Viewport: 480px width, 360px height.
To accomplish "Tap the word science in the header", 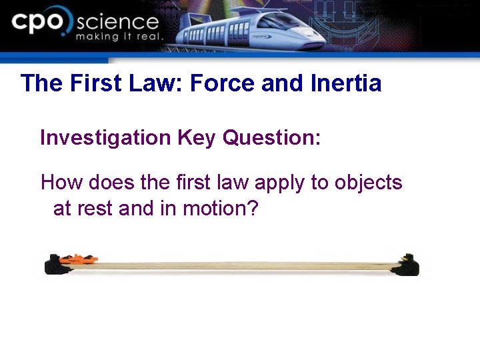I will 117,21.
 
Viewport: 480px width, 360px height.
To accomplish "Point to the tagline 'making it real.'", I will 119,37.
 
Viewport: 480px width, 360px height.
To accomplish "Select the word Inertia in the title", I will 346,83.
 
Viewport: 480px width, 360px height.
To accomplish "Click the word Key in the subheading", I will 197,138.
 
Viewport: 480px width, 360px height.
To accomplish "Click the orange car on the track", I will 79,258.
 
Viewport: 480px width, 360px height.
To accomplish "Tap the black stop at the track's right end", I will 406,265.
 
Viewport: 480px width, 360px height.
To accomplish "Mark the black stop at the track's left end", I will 53,266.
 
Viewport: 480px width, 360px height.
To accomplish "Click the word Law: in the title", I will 155,83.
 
